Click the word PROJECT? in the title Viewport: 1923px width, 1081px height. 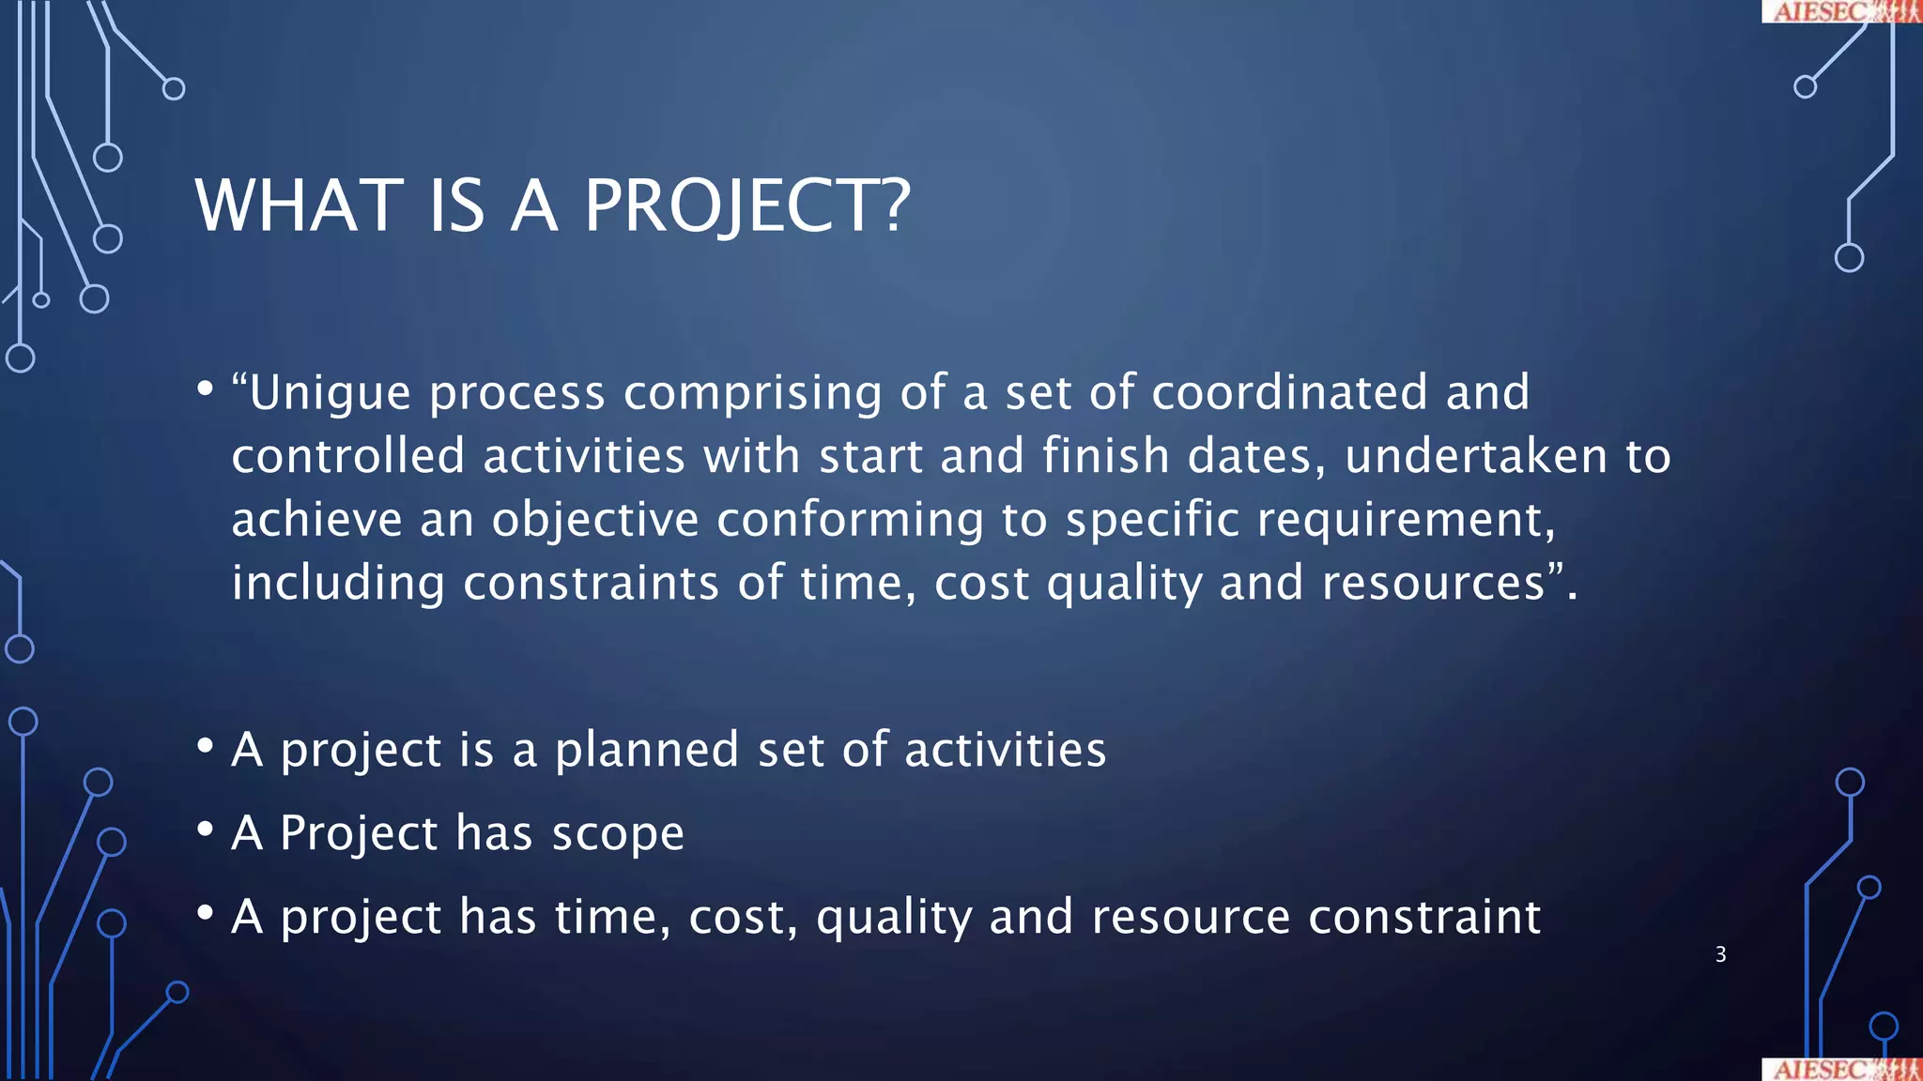pos(746,206)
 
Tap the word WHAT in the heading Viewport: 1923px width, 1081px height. pos(299,206)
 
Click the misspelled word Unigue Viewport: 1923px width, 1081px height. pos(330,393)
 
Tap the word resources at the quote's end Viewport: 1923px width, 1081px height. pos(1433,583)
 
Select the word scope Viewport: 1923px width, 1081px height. pos(618,833)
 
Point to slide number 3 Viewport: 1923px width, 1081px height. pos(1720,954)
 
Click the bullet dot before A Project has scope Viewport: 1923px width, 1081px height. pos(206,830)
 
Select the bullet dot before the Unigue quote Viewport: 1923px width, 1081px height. pos(206,388)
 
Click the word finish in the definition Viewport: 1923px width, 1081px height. pos(1105,456)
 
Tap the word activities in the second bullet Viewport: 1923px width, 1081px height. pos(1005,751)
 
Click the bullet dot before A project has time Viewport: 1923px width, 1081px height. pos(206,913)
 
